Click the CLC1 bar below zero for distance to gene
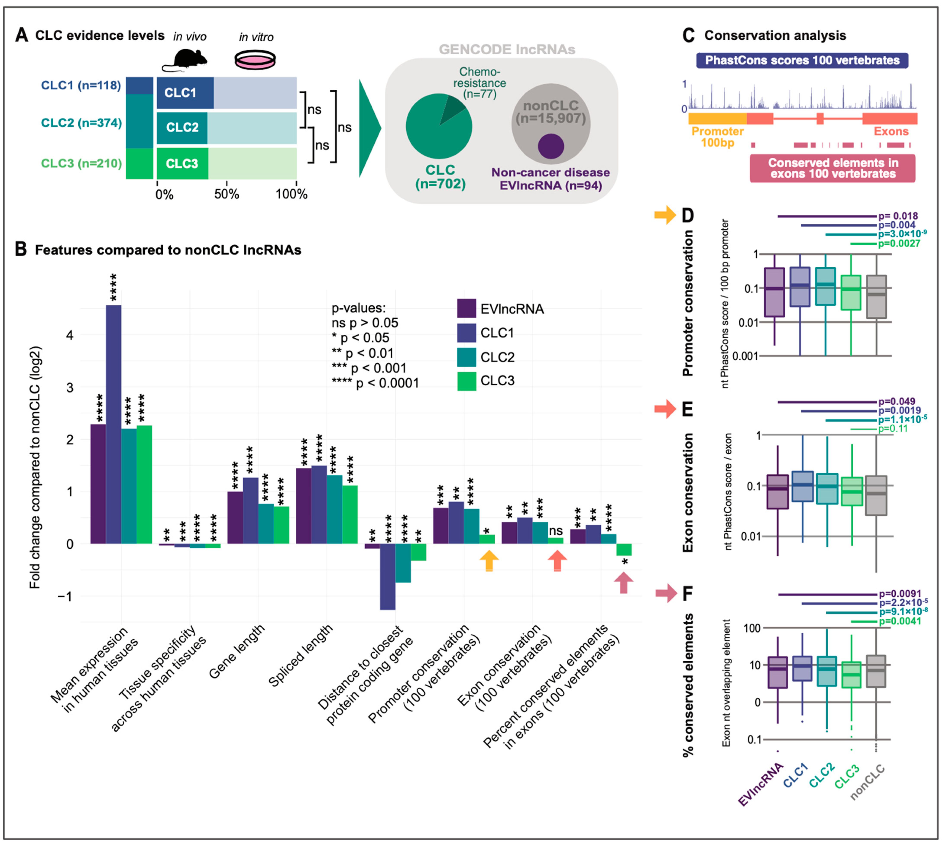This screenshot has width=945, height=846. click(x=388, y=576)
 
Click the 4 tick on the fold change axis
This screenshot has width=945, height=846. click(x=70, y=335)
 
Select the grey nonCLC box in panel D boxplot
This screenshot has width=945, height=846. click(x=876, y=297)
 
